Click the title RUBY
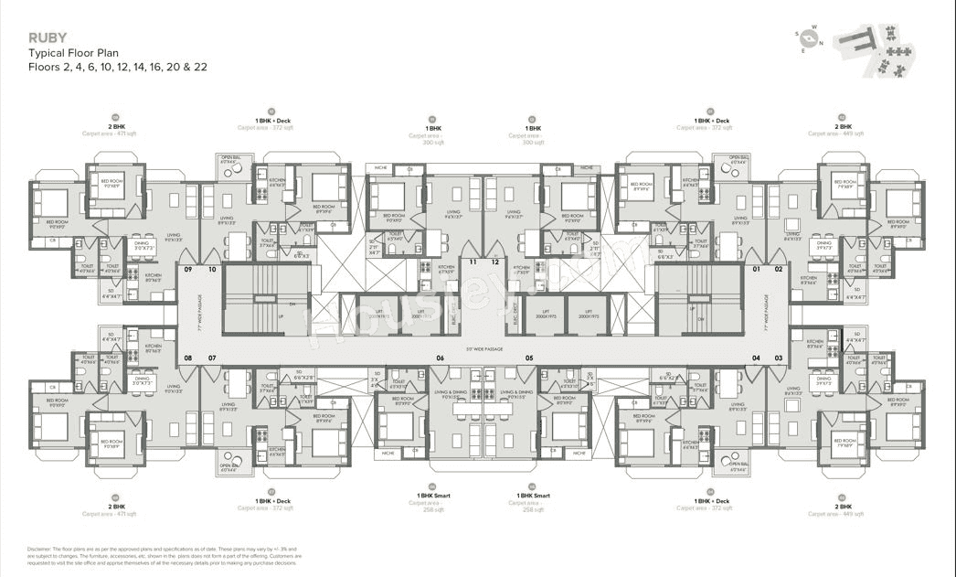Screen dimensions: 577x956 click(47, 37)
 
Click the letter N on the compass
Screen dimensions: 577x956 click(821, 43)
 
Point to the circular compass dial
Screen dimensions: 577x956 click(809, 37)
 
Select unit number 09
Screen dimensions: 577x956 click(188, 270)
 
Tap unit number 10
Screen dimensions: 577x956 click(211, 270)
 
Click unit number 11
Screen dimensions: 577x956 click(473, 262)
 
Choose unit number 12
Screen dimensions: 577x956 click(494, 262)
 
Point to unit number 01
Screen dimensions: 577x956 click(756, 270)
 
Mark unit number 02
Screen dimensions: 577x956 click(779, 270)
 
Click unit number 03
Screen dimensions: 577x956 click(779, 358)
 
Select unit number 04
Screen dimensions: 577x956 click(756, 358)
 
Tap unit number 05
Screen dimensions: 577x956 click(528, 358)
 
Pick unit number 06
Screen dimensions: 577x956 click(440, 358)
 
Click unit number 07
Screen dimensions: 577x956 click(211, 358)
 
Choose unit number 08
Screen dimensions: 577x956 click(188, 358)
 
